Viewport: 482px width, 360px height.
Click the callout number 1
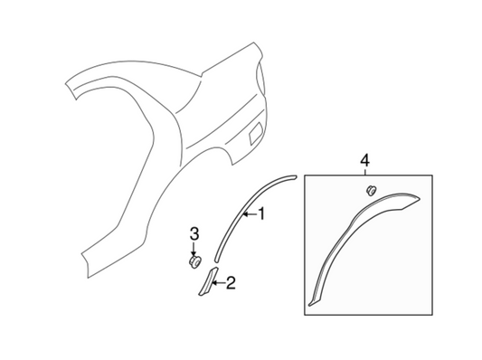click(x=262, y=214)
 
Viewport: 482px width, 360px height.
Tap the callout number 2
click(x=230, y=284)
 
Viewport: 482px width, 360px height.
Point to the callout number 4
click(x=364, y=160)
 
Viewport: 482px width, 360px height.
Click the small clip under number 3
click(x=194, y=261)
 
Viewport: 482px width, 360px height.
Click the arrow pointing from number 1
click(x=249, y=215)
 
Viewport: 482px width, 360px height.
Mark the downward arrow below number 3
click(x=194, y=249)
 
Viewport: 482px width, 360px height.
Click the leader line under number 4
click(x=364, y=170)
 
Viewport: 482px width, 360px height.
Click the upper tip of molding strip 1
click(x=292, y=175)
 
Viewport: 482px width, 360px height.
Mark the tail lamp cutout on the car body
click(x=260, y=87)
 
